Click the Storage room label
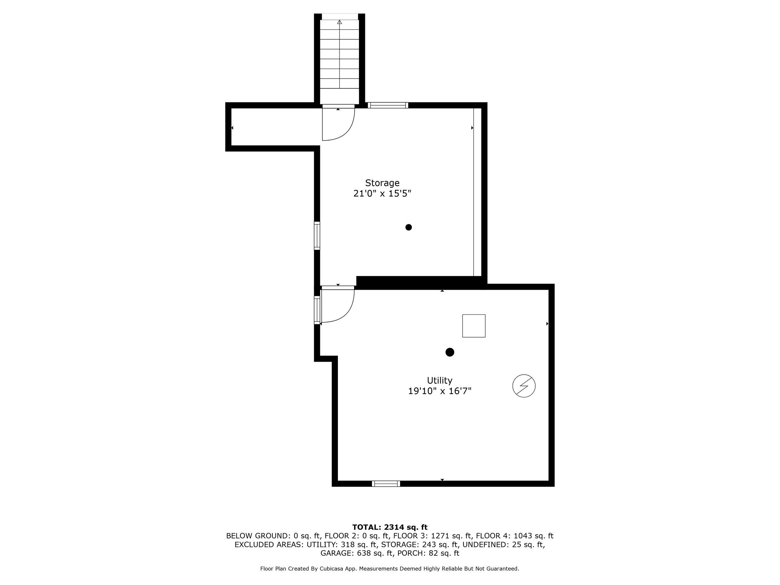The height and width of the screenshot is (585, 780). pos(382,183)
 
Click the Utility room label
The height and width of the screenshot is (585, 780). pos(439,381)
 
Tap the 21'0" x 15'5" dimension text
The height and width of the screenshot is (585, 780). pos(382,193)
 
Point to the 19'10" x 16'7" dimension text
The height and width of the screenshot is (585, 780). pos(440,391)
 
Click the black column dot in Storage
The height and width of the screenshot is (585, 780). pos(409,227)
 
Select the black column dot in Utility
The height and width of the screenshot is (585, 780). pos(450,352)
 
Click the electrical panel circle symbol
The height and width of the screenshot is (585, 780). pos(524,386)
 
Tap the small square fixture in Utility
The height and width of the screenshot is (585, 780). pos(474,326)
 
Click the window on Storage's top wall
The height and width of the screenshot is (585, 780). pos(388,105)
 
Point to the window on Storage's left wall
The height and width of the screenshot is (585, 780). pos(317,236)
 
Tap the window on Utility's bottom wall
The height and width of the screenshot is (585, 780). pos(386,484)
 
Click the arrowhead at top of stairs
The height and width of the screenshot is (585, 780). pos(340,22)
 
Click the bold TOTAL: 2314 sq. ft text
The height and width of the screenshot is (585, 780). pos(390,527)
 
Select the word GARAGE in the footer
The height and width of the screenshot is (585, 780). pos(336,553)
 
